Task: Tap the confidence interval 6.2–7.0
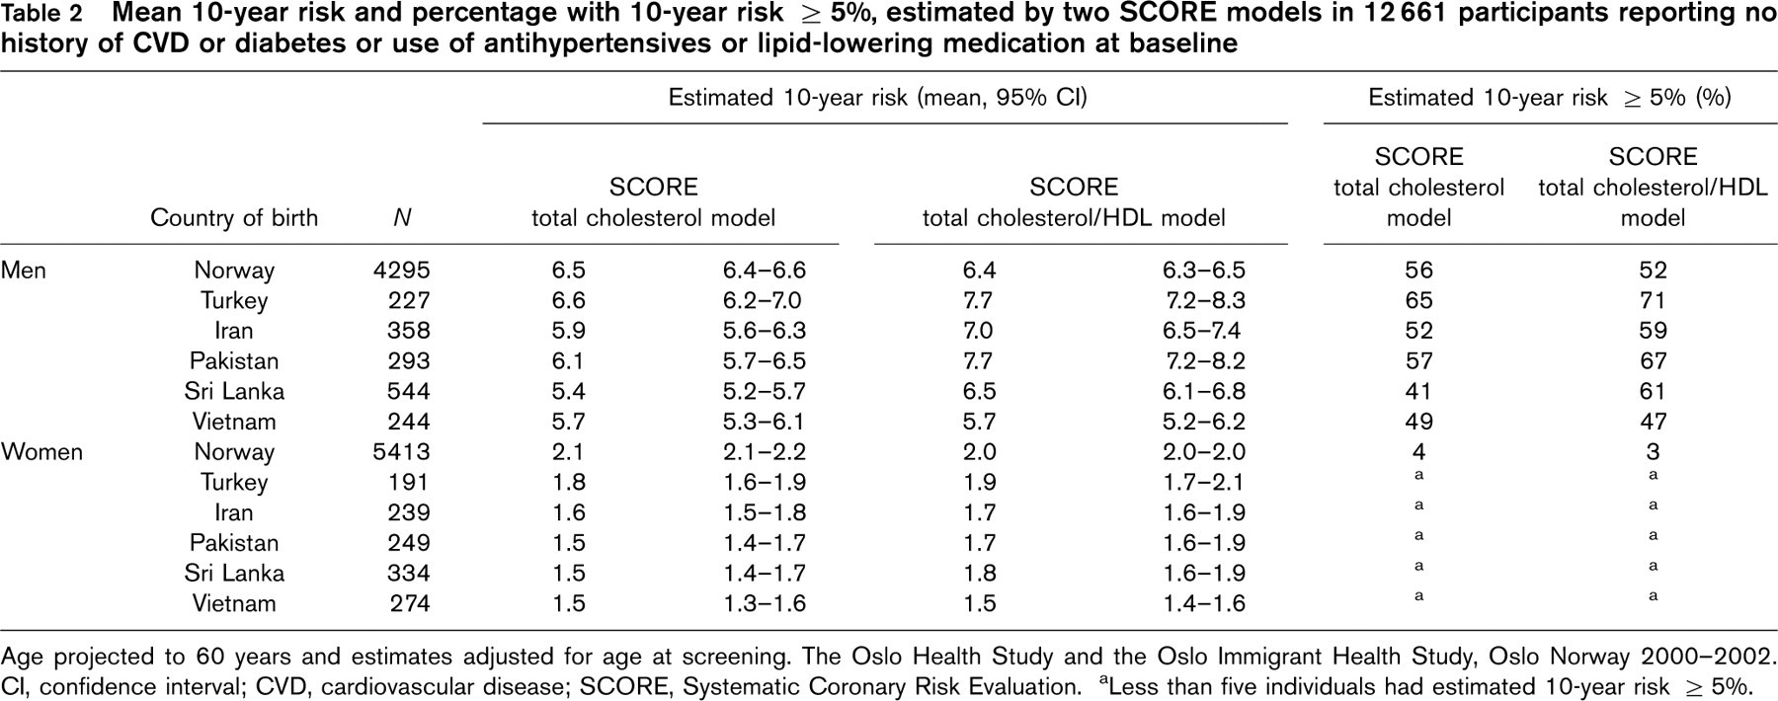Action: click(x=762, y=300)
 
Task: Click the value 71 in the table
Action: click(x=1653, y=300)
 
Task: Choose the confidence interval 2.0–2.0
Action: click(x=1203, y=452)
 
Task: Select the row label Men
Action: click(x=24, y=271)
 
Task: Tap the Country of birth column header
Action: click(x=234, y=218)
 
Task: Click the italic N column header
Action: click(x=401, y=218)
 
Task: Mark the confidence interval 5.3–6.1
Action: click(x=764, y=422)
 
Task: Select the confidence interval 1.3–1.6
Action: click(x=764, y=603)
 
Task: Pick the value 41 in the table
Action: click(x=1418, y=391)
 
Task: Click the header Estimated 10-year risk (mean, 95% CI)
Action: click(x=878, y=98)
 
